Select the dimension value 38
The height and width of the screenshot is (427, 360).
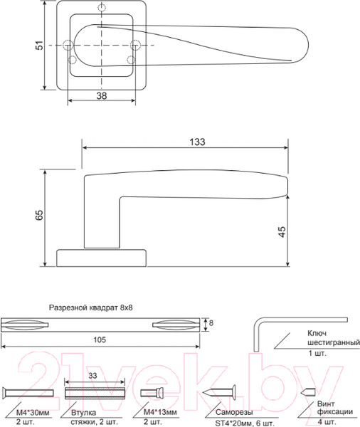101,95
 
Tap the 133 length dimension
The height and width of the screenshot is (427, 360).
197,142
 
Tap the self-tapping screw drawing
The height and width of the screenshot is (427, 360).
221,391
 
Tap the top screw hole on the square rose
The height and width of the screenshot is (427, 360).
103,9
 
